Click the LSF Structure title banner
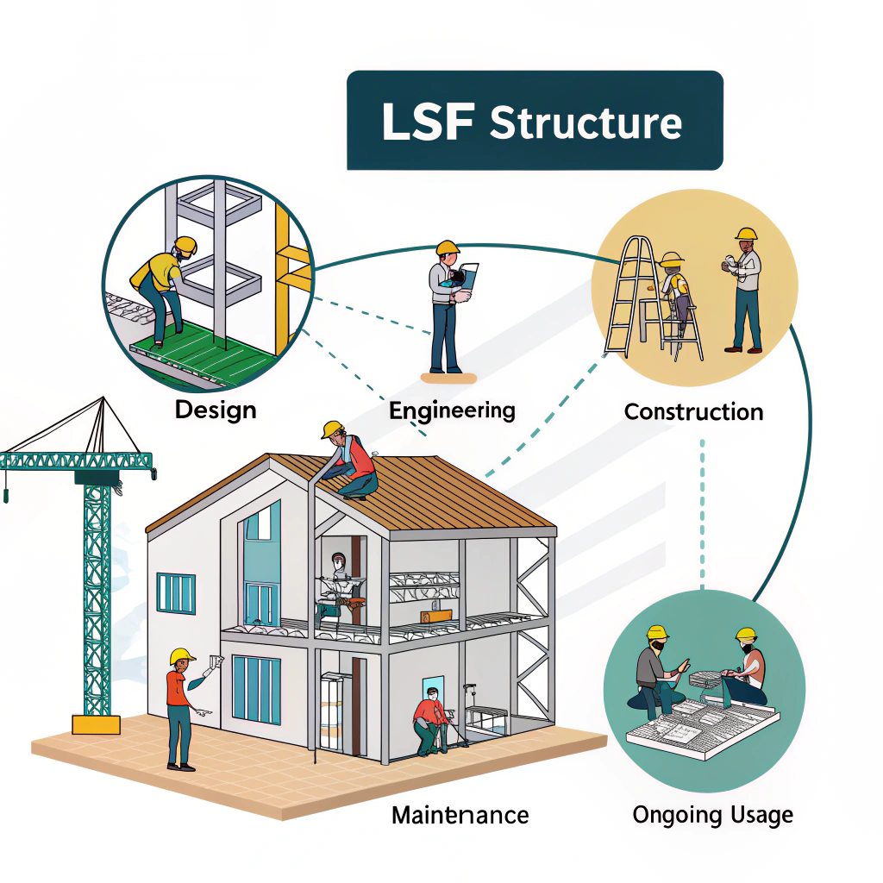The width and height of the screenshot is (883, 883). pyautogui.click(x=535, y=121)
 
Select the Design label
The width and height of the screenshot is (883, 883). pyautogui.click(x=216, y=409)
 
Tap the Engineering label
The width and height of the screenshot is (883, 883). pyautogui.click(x=452, y=410)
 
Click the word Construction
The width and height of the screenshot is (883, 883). pyautogui.click(x=693, y=411)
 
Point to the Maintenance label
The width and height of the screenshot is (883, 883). pyautogui.click(x=460, y=814)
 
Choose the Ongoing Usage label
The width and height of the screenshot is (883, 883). pyautogui.click(x=712, y=814)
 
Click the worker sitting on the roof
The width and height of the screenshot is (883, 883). pyautogui.click(x=352, y=461)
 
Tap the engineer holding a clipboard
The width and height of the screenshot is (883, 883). pyautogui.click(x=448, y=306)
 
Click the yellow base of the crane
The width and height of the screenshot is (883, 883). pyautogui.click(x=96, y=723)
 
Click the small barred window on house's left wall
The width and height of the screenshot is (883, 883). pyautogui.click(x=175, y=592)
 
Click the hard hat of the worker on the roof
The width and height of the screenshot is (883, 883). pyautogui.click(x=333, y=429)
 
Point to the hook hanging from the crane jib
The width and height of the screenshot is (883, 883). pyautogui.click(x=6, y=495)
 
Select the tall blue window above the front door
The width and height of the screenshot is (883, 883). pyautogui.click(x=260, y=565)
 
